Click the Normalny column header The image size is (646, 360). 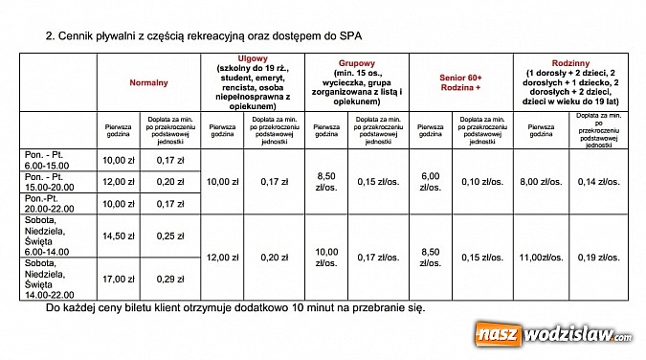pyautogui.click(x=148, y=83)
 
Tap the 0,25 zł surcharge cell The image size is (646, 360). pyautogui.click(x=169, y=236)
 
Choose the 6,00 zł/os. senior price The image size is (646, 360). pyautogui.click(x=431, y=181)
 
